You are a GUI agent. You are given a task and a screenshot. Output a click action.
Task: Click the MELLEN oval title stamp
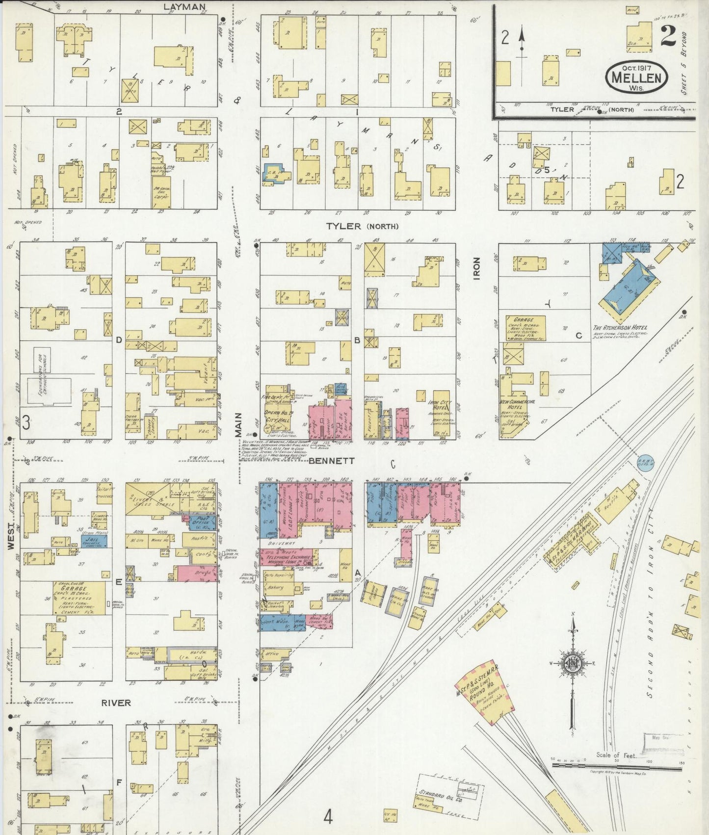(x=637, y=77)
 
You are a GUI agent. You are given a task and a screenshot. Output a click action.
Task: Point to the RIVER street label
(x=116, y=703)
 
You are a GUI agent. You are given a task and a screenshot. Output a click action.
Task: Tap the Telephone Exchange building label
(x=287, y=558)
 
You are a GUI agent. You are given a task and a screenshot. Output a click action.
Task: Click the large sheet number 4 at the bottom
(x=328, y=817)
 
